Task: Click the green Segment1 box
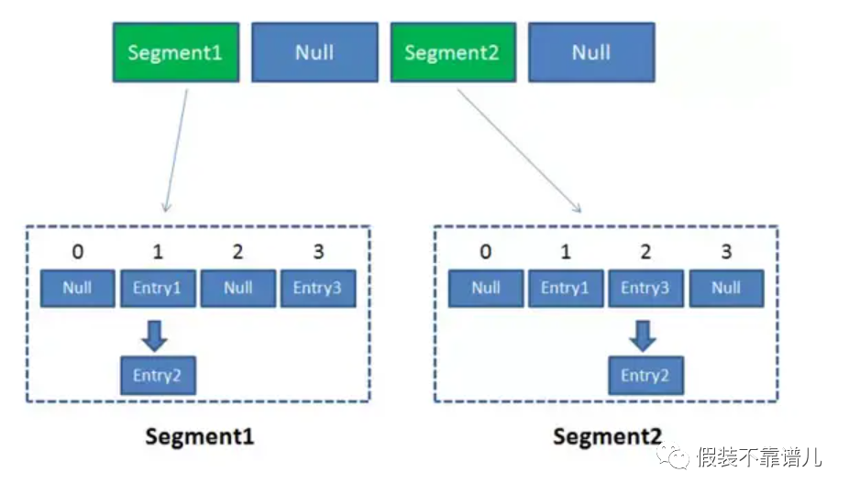click(175, 52)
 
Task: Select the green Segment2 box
click(452, 52)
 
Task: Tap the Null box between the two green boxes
click(314, 52)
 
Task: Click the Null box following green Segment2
click(591, 52)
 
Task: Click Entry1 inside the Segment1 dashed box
click(158, 288)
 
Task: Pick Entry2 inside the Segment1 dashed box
click(158, 375)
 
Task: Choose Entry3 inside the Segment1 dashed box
click(317, 288)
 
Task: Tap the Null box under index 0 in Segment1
click(78, 288)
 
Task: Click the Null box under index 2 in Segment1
click(237, 288)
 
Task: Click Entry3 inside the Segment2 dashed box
click(645, 288)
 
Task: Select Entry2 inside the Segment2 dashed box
click(645, 375)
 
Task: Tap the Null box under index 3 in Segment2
click(725, 288)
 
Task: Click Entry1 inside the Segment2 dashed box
click(566, 288)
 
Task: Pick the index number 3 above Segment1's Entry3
click(317, 252)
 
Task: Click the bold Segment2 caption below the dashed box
click(606, 436)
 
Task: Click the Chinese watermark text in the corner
click(757, 456)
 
